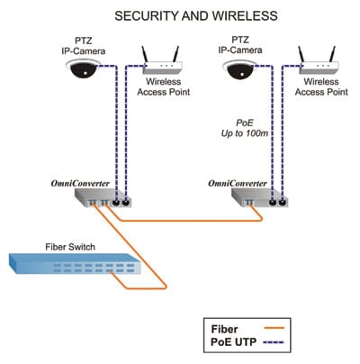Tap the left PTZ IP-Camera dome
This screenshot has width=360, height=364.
pyautogui.click(x=83, y=68)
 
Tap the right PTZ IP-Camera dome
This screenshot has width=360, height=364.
pyautogui.click(x=239, y=68)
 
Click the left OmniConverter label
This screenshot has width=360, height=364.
pyautogui.click(x=80, y=184)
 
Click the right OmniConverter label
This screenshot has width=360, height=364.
pyautogui.click(x=238, y=184)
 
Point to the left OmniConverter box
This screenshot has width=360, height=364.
pyautogui.click(x=103, y=197)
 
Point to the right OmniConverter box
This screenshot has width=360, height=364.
pyautogui.click(x=260, y=197)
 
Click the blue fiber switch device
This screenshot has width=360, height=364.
pyautogui.click(x=75, y=263)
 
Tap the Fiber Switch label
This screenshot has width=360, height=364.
pyautogui.click(x=70, y=247)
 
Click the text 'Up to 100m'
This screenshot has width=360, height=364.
pyautogui.click(x=245, y=133)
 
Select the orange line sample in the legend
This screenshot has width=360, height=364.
pyautogui.click(x=274, y=328)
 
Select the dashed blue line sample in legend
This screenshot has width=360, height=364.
pyautogui.click(x=273, y=341)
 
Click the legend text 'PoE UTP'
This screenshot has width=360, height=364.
pyautogui.click(x=233, y=342)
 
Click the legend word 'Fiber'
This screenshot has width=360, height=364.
pyautogui.click(x=224, y=329)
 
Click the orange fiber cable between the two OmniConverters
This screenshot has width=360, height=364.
pyautogui.click(x=188, y=221)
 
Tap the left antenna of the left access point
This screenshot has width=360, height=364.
pyautogui.click(x=144, y=55)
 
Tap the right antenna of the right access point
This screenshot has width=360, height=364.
pyautogui.click(x=332, y=55)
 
